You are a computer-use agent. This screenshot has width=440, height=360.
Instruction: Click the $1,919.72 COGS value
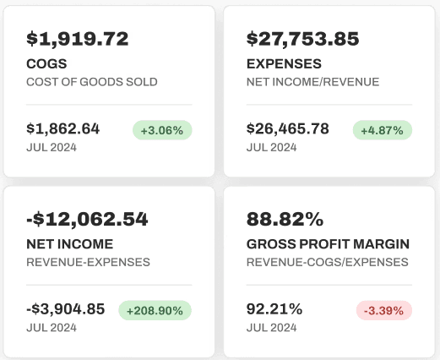pyautogui.click(x=78, y=39)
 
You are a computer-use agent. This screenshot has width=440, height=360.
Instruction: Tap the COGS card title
pyautogui.click(x=46, y=63)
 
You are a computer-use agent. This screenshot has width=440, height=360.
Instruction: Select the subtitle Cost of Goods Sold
pyautogui.click(x=92, y=82)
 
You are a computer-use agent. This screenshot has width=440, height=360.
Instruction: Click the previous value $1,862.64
pyautogui.click(x=62, y=128)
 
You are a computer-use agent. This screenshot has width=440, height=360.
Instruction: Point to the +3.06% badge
pyautogui.click(x=162, y=130)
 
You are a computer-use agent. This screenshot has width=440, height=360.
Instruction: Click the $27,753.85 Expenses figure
pyautogui.click(x=302, y=39)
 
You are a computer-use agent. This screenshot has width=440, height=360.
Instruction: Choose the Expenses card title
pyautogui.click(x=284, y=63)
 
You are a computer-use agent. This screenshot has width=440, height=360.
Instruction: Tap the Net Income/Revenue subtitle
pyautogui.click(x=312, y=82)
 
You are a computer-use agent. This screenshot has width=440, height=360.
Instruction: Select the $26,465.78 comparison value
pyautogui.click(x=288, y=128)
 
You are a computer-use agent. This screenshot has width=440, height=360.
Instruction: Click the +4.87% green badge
pyautogui.click(x=383, y=130)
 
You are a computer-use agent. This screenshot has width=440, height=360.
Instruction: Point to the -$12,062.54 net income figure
pyautogui.click(x=87, y=219)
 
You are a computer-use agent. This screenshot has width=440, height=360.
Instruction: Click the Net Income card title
pyautogui.click(x=70, y=244)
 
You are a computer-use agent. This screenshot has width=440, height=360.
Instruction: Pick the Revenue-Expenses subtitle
pyautogui.click(x=88, y=262)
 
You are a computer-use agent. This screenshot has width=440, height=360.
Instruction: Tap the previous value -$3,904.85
pyautogui.click(x=66, y=308)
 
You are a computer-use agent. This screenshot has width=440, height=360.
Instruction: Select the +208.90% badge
pyautogui.click(x=155, y=310)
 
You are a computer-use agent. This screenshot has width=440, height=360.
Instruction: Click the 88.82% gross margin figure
pyautogui.click(x=285, y=219)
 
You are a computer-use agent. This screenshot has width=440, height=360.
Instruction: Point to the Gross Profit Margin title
pyautogui.click(x=328, y=244)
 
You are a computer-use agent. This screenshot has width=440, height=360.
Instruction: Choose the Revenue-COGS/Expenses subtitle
pyautogui.click(x=328, y=262)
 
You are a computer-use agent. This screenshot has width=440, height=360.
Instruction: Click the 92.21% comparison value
pyautogui.click(x=274, y=308)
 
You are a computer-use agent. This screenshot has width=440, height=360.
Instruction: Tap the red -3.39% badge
pyautogui.click(x=384, y=310)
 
